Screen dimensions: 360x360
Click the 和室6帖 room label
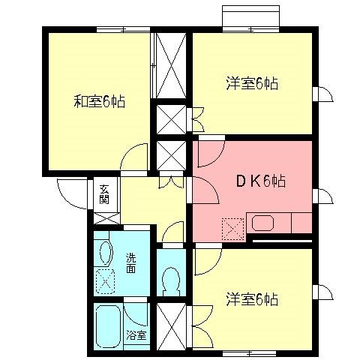(99, 100)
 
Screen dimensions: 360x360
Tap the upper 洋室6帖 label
(252, 83)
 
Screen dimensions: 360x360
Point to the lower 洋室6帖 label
(252, 299)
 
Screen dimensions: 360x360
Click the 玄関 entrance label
(103, 194)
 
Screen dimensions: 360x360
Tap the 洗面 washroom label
(130, 262)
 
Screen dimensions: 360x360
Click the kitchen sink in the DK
(262, 223)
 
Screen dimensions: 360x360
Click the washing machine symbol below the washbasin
(105, 282)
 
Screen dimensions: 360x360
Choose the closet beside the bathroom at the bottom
(169, 324)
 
